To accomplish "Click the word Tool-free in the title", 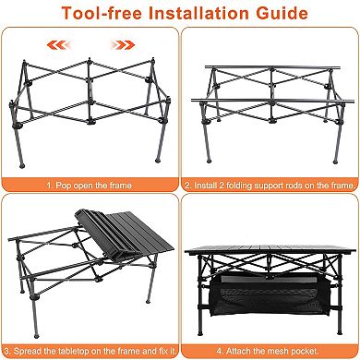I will click(x=93, y=15).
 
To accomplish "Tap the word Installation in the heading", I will click(x=189, y=15).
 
